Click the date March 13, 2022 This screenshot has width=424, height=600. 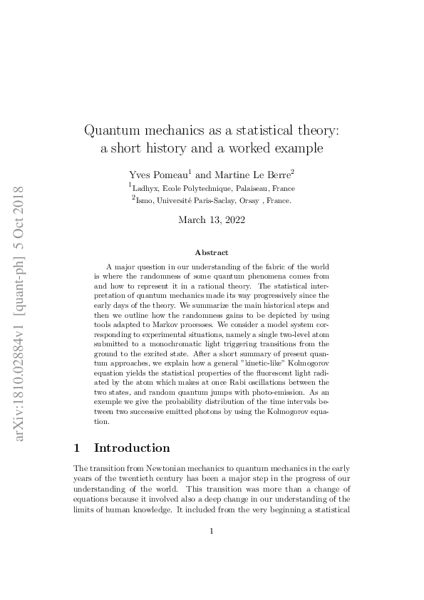point(212,220)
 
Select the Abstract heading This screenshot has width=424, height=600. point(212,252)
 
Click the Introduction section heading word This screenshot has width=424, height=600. point(132,448)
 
